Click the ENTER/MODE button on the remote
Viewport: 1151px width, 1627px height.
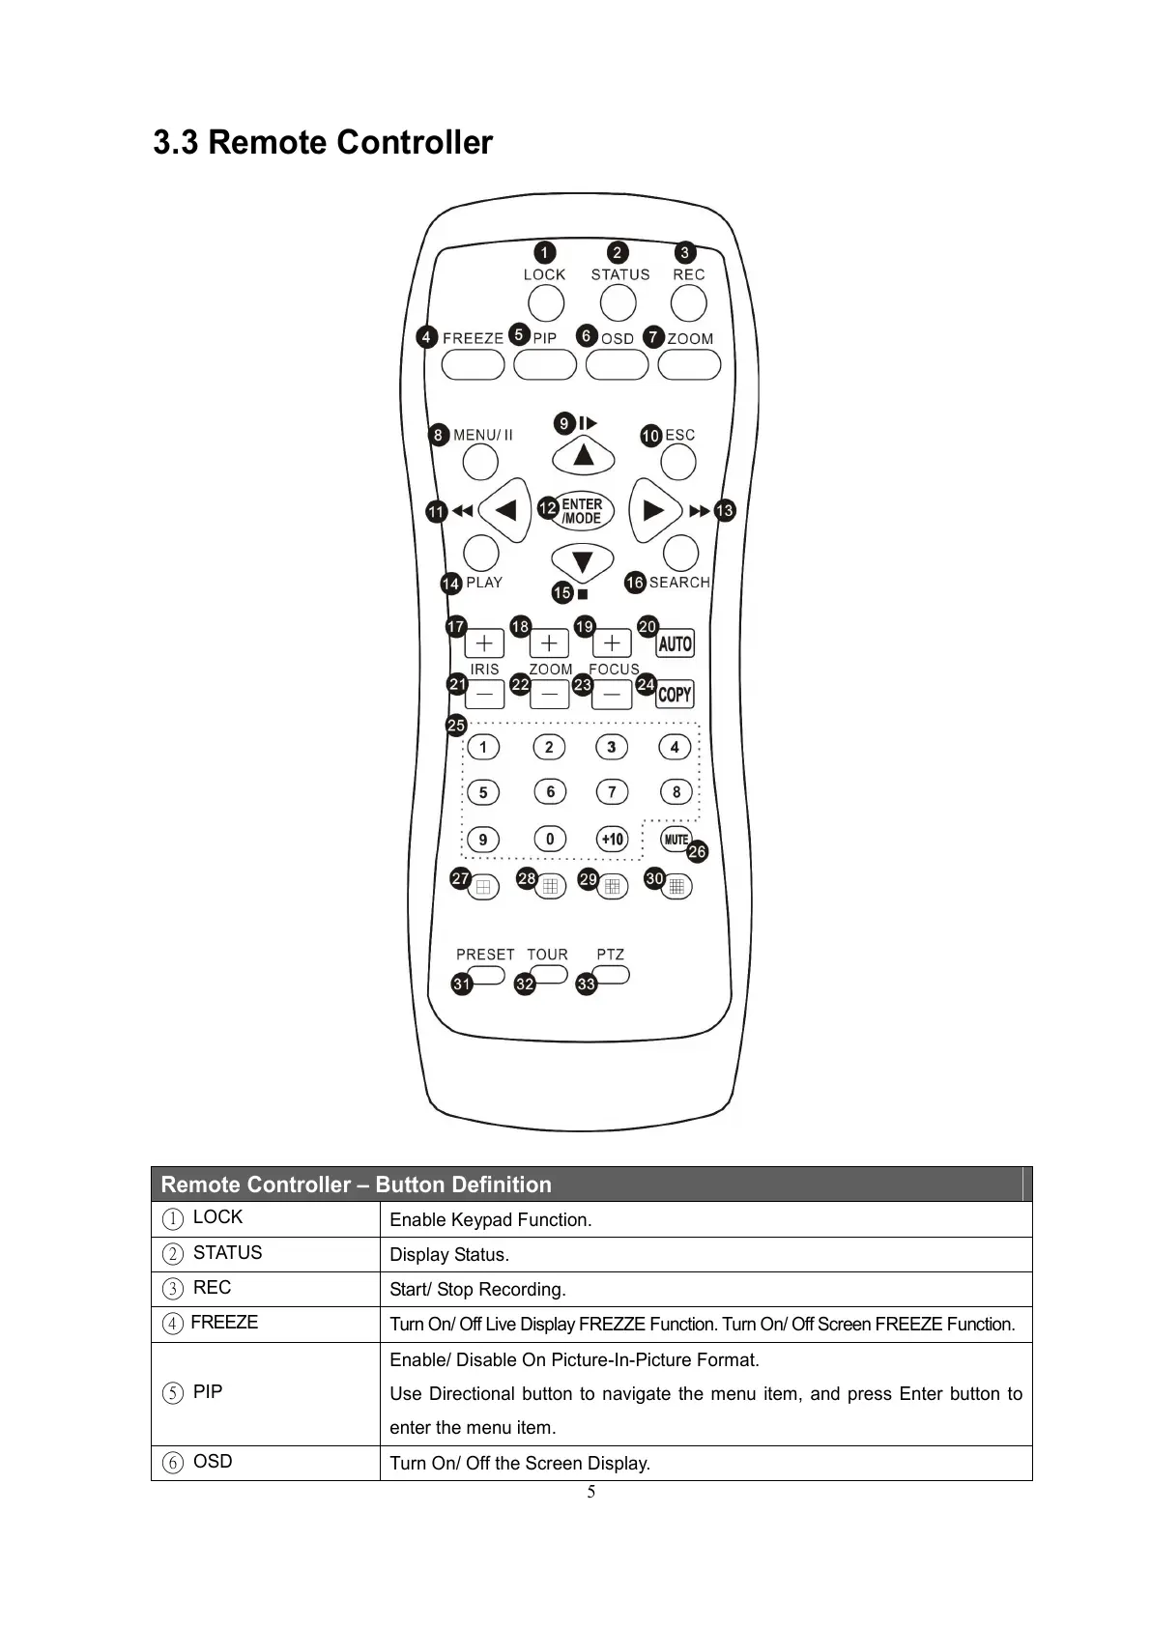pyautogui.click(x=582, y=511)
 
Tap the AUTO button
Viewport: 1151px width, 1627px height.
pyautogui.click(x=675, y=643)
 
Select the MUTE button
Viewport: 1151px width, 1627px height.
pyautogui.click(x=675, y=839)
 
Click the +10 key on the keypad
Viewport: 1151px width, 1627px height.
pyautogui.click(x=612, y=839)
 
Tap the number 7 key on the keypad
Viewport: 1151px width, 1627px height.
pyautogui.click(x=612, y=792)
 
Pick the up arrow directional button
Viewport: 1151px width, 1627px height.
pyautogui.click(x=583, y=453)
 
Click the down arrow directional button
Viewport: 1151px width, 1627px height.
pyautogui.click(x=582, y=561)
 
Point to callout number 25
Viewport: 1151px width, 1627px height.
pyautogui.click(x=456, y=725)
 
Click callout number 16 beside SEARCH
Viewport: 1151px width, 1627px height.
pyautogui.click(x=635, y=583)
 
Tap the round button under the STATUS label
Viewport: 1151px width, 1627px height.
pyautogui.click(x=619, y=303)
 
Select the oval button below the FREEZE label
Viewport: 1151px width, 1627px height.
pyautogui.click(x=473, y=365)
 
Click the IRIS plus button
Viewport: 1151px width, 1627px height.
pyautogui.click(x=484, y=643)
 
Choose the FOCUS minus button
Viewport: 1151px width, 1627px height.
pyautogui.click(x=612, y=694)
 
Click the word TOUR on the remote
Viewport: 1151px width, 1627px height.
pyautogui.click(x=547, y=955)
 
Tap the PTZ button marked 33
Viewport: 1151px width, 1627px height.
pyautogui.click(x=613, y=974)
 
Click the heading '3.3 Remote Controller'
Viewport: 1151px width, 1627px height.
pyautogui.click(x=323, y=143)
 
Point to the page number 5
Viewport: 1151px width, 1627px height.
pyautogui.click(x=591, y=1493)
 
